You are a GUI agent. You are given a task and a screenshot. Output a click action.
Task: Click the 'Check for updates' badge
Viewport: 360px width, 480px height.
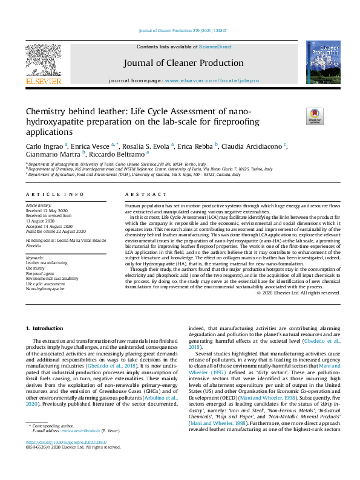tap(315, 115)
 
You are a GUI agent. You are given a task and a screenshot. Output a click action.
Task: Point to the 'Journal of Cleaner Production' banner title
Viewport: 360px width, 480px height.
tap(183, 63)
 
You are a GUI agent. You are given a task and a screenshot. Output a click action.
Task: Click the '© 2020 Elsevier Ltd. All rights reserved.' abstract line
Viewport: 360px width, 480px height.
tap(299, 293)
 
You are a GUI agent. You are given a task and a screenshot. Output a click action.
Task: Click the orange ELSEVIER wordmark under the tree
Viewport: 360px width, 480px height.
tap(43, 80)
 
